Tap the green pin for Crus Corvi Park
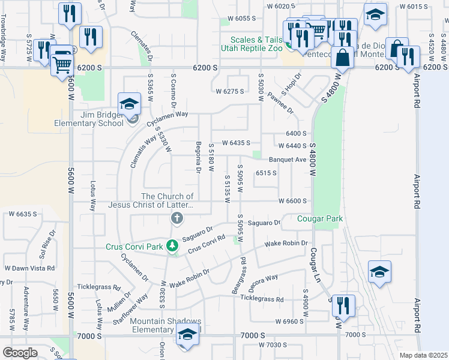coord(172,245)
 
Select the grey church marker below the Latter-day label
coord(176,219)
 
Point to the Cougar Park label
coord(321,219)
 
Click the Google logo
coord(20,352)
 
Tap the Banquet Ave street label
coord(288,160)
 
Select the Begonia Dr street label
coord(197,157)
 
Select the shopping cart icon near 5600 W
coord(62,62)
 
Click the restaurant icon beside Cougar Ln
coord(343,305)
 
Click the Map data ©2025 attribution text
coord(423,355)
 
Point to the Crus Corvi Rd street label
coord(206,244)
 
